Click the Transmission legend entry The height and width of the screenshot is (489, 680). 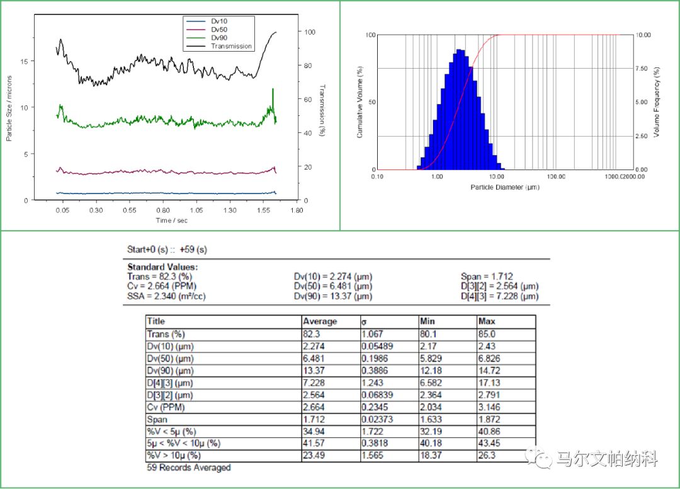click(x=231, y=46)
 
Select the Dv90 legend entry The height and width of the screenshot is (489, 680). click(x=218, y=38)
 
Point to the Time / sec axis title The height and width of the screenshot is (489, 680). click(x=171, y=221)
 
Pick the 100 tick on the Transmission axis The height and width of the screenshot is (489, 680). click(x=309, y=32)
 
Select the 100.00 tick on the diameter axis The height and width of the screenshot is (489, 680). click(x=557, y=177)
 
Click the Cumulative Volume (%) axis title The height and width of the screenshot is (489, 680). click(x=360, y=102)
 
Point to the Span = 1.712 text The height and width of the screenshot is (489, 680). click(x=487, y=276)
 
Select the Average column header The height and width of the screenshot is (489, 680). click(x=320, y=321)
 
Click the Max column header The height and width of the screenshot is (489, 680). click(x=487, y=321)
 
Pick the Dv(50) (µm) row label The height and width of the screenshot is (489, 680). click(x=170, y=358)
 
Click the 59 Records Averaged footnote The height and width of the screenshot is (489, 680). click(x=189, y=468)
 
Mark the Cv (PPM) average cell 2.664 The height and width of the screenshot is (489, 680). click(x=314, y=406)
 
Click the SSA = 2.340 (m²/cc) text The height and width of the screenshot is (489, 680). click(x=166, y=296)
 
